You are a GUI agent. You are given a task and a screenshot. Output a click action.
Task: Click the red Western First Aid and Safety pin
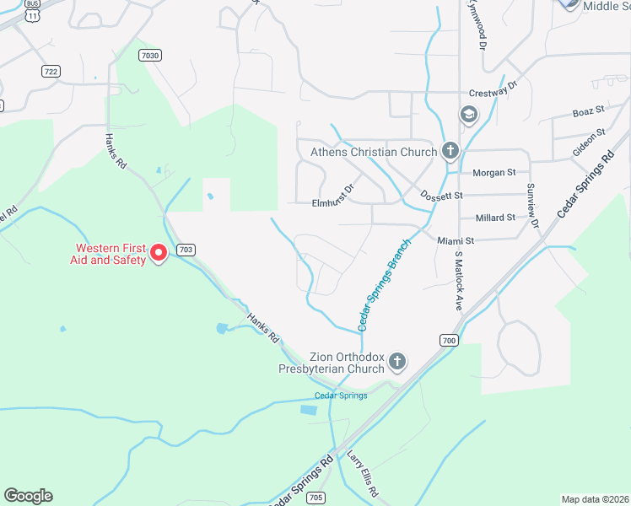click(158, 252)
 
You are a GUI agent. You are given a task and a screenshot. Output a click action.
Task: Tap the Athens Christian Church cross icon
click(450, 151)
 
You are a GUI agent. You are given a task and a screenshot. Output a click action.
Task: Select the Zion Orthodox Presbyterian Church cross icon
click(397, 363)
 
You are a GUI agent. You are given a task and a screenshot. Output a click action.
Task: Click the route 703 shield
click(186, 250)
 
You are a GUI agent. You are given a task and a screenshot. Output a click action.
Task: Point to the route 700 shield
click(448, 341)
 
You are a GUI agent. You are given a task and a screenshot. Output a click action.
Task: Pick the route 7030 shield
click(151, 55)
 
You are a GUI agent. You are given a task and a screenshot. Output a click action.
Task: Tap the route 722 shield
click(51, 72)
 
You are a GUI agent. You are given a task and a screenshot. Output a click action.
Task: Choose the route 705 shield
click(315, 497)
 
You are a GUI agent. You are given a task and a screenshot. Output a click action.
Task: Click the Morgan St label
click(493, 173)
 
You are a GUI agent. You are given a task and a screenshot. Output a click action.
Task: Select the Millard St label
click(495, 218)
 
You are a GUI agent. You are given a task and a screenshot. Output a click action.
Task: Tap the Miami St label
click(456, 240)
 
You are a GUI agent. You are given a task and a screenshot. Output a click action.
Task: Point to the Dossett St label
click(442, 196)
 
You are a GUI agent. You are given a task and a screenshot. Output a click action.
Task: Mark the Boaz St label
click(589, 110)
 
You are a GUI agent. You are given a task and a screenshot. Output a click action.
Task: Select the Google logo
click(28, 496)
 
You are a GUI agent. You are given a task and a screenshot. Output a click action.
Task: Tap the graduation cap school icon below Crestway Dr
click(468, 114)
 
